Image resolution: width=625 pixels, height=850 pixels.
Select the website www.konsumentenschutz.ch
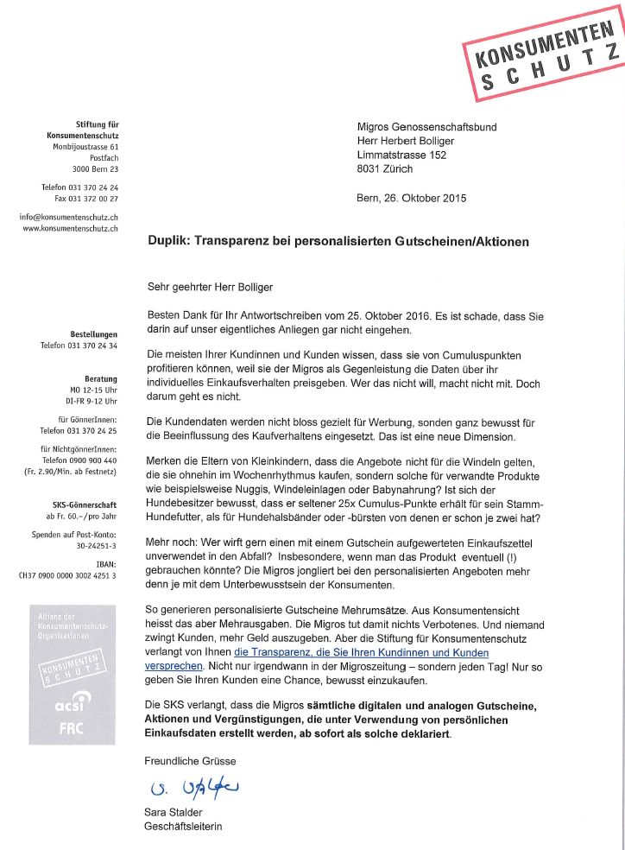(71, 228)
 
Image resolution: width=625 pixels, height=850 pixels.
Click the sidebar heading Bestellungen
(94, 333)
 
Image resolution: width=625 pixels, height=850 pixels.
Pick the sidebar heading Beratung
(102, 378)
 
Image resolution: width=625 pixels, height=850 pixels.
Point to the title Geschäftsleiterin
(183, 828)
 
